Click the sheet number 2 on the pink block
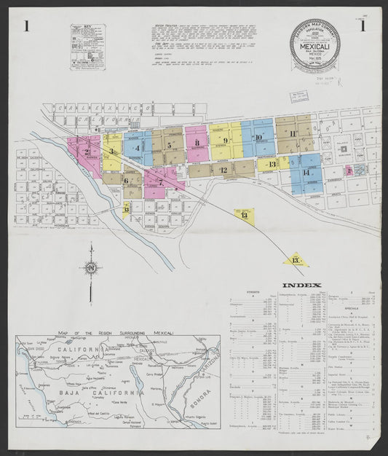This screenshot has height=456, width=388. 86,152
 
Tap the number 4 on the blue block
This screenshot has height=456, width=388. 137,148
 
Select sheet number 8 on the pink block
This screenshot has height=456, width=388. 197,143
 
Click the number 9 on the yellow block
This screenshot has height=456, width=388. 226,141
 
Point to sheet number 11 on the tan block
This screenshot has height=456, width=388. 293,133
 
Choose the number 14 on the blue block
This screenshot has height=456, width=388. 306,173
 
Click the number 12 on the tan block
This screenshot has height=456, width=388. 223,170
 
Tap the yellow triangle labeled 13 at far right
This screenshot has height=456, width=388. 295,259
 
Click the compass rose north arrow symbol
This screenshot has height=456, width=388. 91,270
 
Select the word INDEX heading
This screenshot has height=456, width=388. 301,285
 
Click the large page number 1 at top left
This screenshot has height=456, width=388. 27,27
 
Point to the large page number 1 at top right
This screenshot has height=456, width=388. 361,27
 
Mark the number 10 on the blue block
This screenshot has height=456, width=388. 258,137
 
